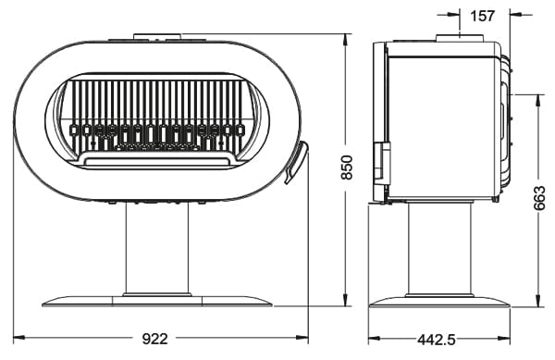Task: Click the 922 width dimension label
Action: coord(154,339)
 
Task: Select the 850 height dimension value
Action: coord(347,168)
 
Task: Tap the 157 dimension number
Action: coord(483,16)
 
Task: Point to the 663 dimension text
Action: coord(539,198)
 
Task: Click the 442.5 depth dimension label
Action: coord(436,341)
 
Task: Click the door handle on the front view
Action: coord(296,162)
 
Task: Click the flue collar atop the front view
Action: coord(158,36)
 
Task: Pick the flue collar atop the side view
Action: coord(460,38)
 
